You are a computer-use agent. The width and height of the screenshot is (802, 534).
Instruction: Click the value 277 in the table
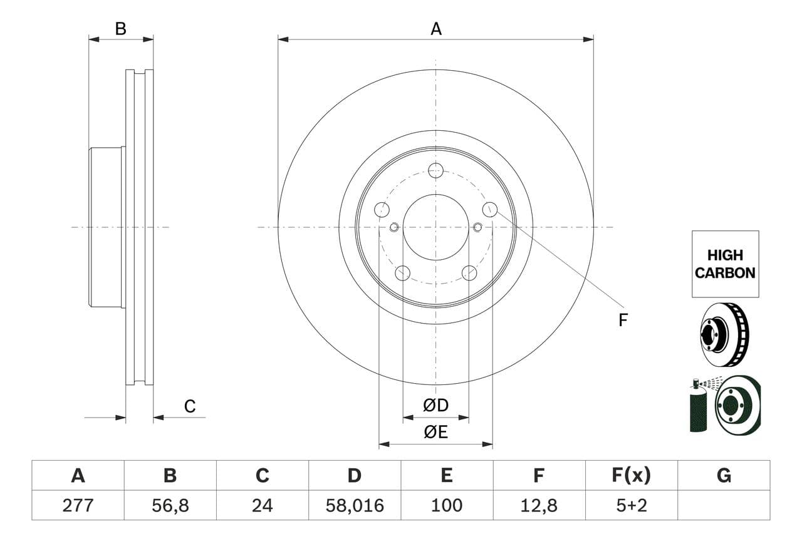(x=78, y=505)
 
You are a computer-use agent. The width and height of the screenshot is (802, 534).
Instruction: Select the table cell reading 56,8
(x=170, y=505)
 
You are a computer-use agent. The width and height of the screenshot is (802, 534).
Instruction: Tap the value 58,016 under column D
(x=355, y=505)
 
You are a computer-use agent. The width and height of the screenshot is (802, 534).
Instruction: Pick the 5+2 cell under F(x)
(x=631, y=505)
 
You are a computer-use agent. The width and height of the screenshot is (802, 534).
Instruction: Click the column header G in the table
(x=724, y=476)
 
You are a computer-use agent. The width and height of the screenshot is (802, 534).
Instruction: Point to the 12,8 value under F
(x=539, y=505)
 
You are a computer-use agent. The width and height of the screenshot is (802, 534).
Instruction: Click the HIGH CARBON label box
(x=725, y=264)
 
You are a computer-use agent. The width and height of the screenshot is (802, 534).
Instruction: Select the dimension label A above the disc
(x=436, y=29)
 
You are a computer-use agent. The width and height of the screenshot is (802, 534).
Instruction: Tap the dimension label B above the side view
(x=121, y=29)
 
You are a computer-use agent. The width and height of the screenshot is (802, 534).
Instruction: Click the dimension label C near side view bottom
(x=190, y=406)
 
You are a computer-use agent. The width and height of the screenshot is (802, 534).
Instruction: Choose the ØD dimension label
(x=436, y=406)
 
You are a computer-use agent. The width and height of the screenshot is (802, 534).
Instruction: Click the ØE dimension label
(x=436, y=433)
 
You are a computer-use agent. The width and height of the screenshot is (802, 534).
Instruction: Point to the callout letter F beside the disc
(x=623, y=321)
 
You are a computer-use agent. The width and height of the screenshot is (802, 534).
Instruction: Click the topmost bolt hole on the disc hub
(x=436, y=170)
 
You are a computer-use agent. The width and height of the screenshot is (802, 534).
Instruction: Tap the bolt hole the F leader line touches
(x=490, y=210)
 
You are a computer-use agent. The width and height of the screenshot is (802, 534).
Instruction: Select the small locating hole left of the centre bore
(x=394, y=227)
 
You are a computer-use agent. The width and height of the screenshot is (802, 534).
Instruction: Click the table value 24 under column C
(x=262, y=505)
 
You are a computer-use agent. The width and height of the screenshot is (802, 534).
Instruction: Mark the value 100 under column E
(x=447, y=505)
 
